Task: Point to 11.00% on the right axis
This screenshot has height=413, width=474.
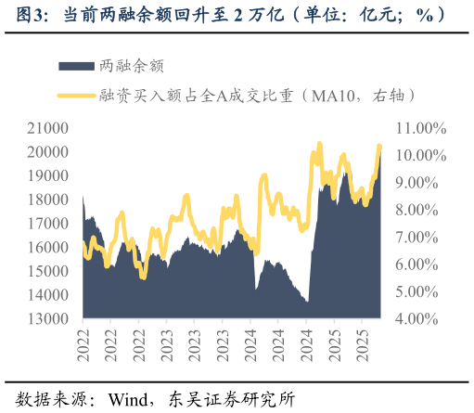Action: point(420,128)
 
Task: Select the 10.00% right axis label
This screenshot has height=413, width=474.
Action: point(420,155)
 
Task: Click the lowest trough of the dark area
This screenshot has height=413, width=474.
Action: point(307,301)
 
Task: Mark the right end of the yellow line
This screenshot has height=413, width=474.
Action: point(379,147)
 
